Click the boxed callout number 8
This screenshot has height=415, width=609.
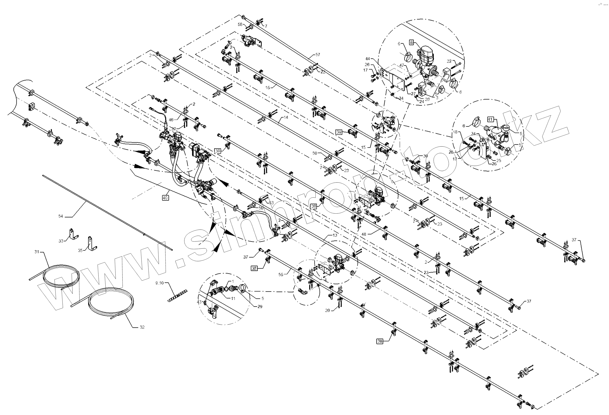[x=411, y=42]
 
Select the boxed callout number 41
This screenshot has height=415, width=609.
[x=490, y=119]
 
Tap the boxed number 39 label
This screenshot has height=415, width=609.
[x=339, y=132]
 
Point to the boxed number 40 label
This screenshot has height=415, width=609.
[x=165, y=198]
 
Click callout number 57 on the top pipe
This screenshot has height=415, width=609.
[x=318, y=54]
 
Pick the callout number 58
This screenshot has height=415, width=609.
[x=240, y=24]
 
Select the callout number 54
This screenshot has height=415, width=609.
[x=60, y=216]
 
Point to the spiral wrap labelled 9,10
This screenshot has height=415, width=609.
[x=178, y=295]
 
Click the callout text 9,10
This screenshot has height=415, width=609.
[x=159, y=283]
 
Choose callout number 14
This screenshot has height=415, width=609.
[x=286, y=117]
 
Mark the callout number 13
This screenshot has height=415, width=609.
[x=335, y=235]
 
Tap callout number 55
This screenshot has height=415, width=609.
[x=281, y=275]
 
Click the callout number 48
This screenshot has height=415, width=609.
[x=364, y=234]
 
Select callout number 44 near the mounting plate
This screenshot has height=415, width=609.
[x=368, y=59]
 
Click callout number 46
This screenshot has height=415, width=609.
[x=171, y=120]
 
